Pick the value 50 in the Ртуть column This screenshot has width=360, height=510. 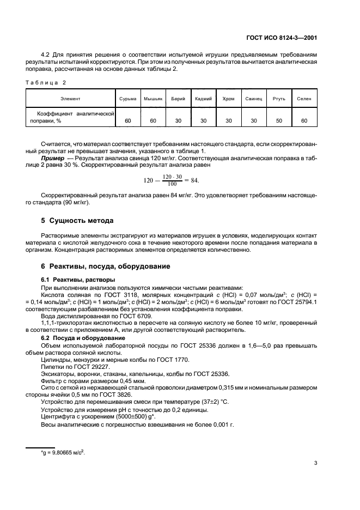coord(279,120)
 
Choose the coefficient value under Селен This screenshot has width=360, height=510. coord(304,120)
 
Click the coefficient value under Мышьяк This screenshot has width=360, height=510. coord(153,120)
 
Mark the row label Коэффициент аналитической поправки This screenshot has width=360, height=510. coord(71,117)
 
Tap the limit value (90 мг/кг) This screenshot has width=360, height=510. coord(78,203)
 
